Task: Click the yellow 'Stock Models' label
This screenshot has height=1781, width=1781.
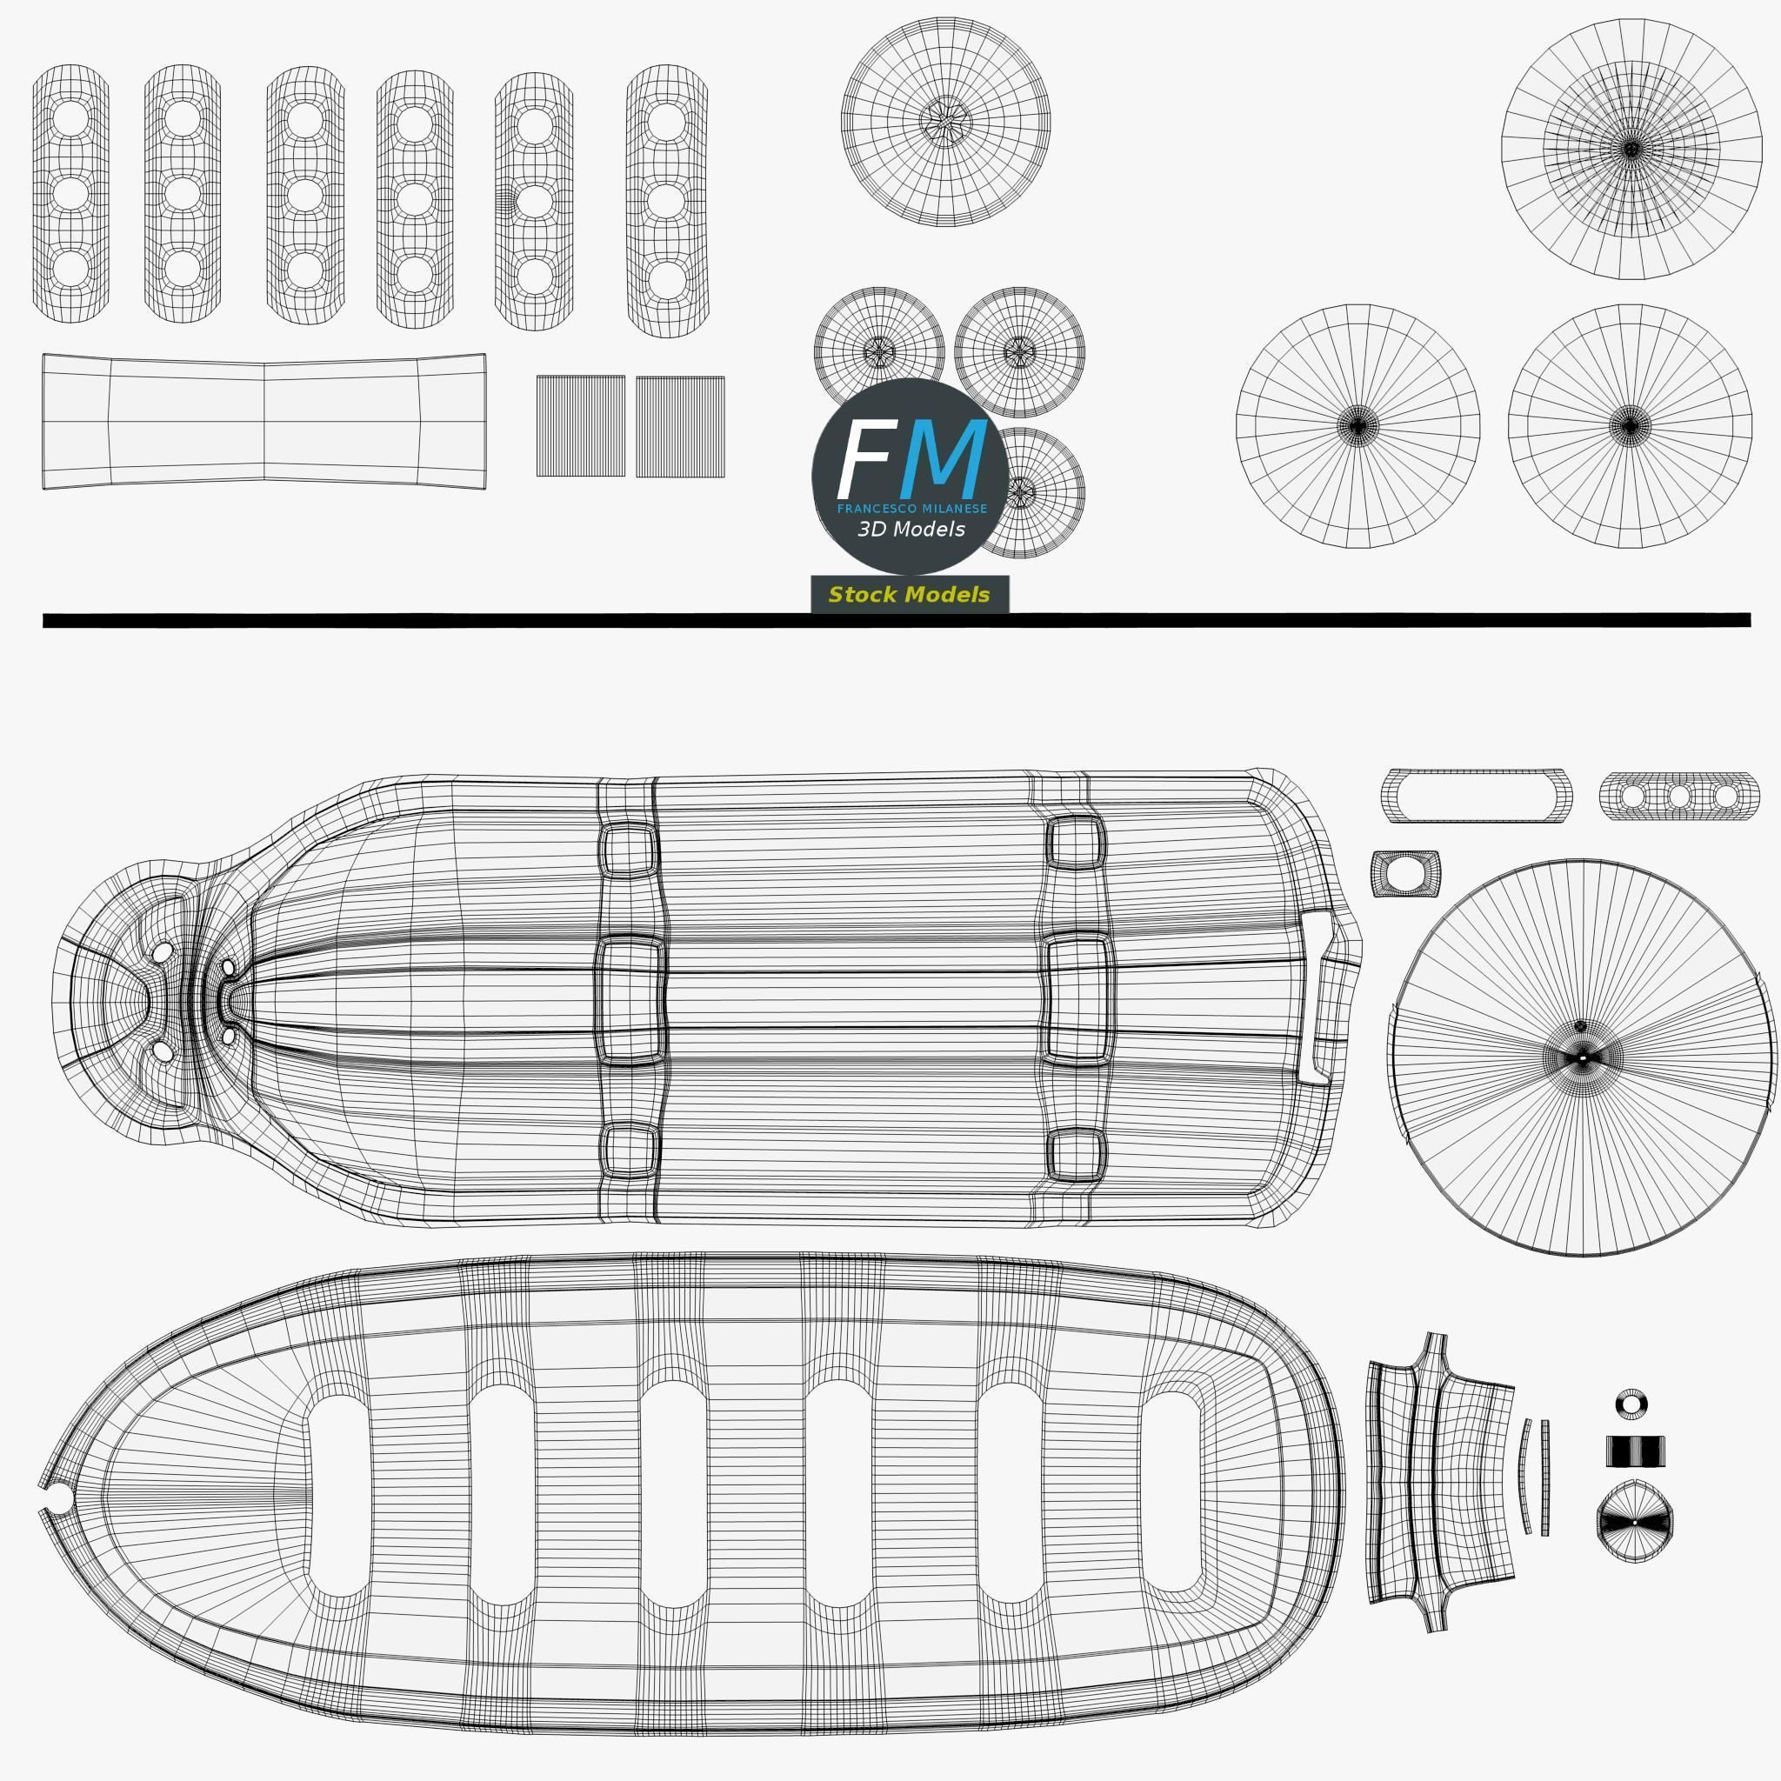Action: tap(909, 595)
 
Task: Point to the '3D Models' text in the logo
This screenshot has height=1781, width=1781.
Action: tap(911, 529)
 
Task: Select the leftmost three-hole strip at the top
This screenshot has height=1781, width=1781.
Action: tap(71, 194)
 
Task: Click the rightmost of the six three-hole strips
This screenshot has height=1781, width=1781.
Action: tap(666, 200)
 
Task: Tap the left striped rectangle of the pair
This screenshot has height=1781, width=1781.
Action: tap(580, 426)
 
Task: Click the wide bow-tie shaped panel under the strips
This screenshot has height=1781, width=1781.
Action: tap(263, 421)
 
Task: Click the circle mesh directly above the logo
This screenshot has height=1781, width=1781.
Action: tap(945, 121)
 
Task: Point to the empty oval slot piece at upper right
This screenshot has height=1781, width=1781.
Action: tap(1475, 795)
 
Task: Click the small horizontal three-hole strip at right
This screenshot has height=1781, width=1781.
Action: tap(1678, 796)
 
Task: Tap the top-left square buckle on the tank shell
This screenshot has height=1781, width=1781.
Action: tap(628, 850)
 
